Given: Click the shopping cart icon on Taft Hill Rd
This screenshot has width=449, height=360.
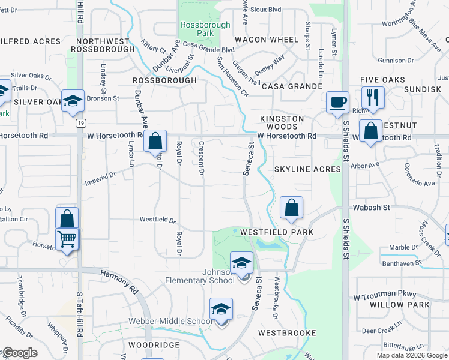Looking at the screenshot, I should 67,239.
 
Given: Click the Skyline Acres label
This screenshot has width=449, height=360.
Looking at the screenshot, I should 307,170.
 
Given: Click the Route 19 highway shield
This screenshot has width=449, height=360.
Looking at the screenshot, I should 80,123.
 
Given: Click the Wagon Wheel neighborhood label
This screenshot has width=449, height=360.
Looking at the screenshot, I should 267,40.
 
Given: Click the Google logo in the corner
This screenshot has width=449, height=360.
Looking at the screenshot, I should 20,353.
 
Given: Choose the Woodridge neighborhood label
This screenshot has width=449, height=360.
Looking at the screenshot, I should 154,346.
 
